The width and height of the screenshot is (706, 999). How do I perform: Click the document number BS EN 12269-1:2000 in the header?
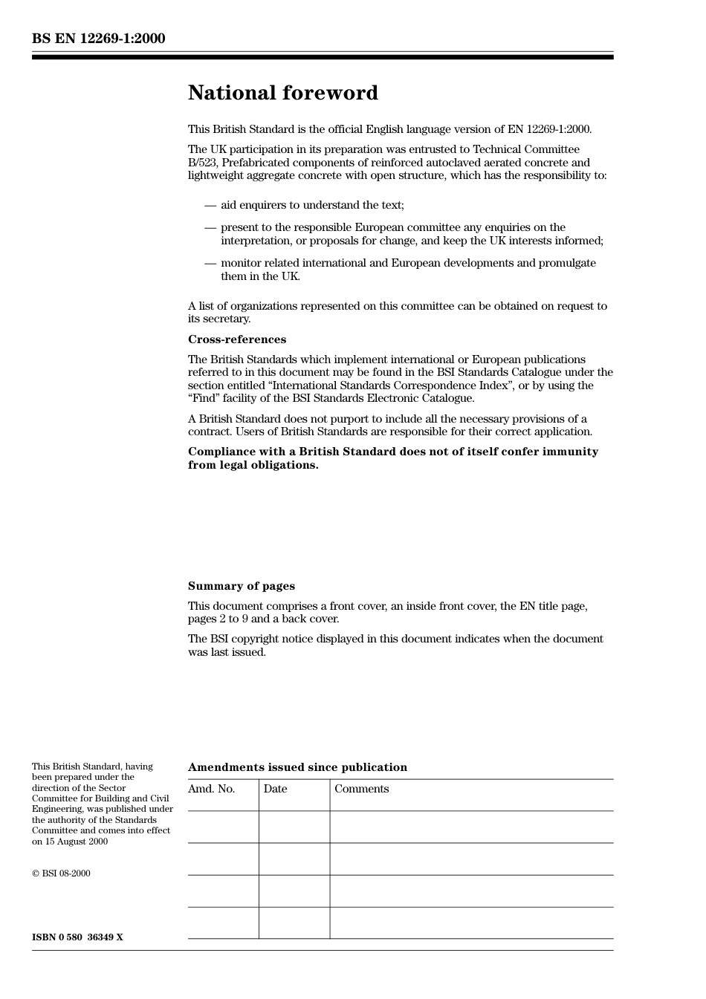[98, 39]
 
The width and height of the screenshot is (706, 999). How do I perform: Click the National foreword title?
[282, 93]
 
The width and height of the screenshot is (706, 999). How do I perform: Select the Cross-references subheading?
[236, 339]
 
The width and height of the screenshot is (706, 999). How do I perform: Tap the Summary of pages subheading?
[241, 586]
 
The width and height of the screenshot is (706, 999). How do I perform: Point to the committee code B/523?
[202, 163]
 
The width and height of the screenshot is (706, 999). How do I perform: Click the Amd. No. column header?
[211, 789]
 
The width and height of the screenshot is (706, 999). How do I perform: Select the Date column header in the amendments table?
[275, 789]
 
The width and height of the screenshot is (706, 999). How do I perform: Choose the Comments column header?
[361, 789]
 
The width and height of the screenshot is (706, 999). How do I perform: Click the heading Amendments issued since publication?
[297, 767]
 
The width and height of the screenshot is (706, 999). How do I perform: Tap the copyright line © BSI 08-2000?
[61, 873]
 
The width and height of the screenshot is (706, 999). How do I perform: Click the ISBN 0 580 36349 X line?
[77, 937]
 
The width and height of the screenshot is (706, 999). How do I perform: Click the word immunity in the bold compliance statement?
[573, 452]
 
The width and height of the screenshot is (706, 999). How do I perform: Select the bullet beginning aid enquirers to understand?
[312, 205]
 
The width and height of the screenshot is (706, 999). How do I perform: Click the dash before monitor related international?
[210, 263]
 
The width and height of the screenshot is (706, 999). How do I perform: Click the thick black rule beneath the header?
[323, 56]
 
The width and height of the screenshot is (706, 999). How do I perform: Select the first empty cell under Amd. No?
[223, 827]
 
